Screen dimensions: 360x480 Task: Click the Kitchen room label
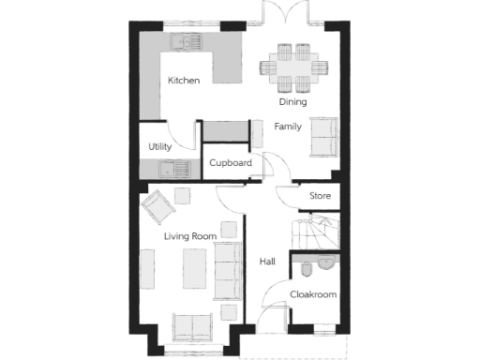click(184, 81)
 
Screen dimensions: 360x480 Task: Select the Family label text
click(287, 126)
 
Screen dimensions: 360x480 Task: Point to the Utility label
click(159, 147)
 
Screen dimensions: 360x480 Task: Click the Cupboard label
click(230, 163)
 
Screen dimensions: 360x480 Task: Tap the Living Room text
click(190, 236)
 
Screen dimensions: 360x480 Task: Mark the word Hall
click(267, 262)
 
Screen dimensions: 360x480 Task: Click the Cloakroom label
click(312, 294)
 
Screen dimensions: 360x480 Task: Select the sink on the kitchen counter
click(182, 42)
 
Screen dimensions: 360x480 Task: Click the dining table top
click(294, 65)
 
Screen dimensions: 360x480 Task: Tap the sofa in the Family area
click(323, 138)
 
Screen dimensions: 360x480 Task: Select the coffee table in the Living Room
click(194, 268)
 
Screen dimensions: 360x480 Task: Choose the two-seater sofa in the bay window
click(190, 327)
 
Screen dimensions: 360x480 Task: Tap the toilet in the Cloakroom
click(307, 266)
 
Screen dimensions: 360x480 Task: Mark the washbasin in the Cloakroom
click(326, 262)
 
